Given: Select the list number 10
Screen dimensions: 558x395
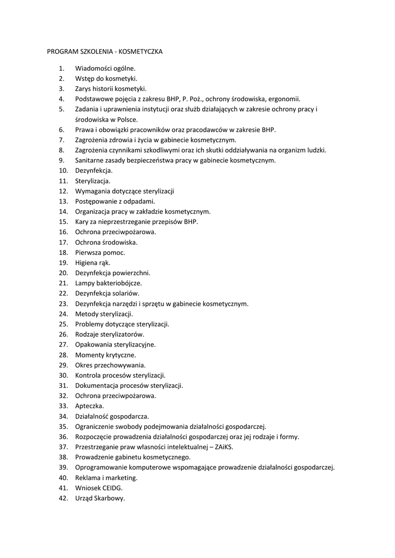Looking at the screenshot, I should click(63, 171).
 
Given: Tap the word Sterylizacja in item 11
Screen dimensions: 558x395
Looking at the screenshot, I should click(92, 181).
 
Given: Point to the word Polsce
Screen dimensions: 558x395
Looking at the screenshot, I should click(127, 119).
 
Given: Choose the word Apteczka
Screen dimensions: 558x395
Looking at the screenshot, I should click(89, 406).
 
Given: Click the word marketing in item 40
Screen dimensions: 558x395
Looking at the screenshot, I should click(123, 477).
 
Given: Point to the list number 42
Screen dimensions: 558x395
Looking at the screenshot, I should click(63, 498).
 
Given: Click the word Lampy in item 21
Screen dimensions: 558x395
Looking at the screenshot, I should click(84, 283).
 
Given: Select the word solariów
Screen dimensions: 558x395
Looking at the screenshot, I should click(126, 293).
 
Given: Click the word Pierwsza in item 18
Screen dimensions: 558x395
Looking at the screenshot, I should click(88, 252).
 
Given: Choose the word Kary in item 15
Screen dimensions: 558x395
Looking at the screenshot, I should click(82, 222).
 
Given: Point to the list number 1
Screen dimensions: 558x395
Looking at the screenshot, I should click(62, 69).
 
